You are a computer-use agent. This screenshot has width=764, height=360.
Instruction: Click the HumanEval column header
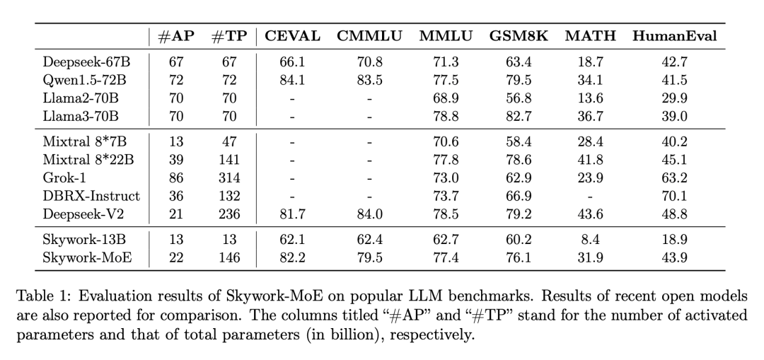click(675, 36)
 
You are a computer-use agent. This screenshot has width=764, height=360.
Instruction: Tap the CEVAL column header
click(292, 36)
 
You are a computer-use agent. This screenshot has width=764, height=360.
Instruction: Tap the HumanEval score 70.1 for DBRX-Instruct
click(674, 196)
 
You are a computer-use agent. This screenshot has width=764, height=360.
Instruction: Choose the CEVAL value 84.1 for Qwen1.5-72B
click(291, 80)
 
